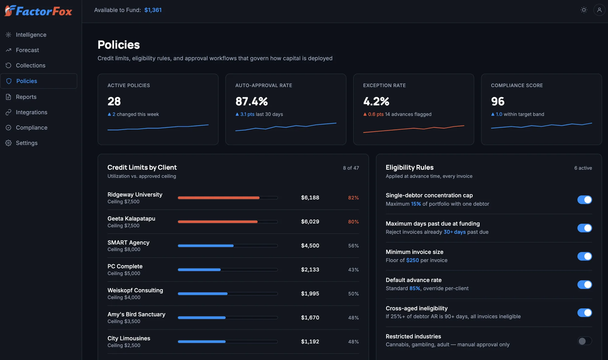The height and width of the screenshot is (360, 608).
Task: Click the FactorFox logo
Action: click(38, 11)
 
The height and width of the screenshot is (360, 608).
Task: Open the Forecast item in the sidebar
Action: click(27, 50)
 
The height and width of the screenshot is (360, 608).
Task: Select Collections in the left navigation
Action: click(31, 65)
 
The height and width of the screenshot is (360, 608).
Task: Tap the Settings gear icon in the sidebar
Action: click(9, 143)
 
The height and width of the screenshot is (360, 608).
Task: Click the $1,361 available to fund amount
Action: click(153, 10)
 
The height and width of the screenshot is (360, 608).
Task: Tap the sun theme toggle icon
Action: click(584, 10)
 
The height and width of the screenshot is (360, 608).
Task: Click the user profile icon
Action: click(599, 10)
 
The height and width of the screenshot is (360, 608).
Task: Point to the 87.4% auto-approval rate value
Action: click(252, 101)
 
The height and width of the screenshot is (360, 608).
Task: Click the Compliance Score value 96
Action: click(498, 101)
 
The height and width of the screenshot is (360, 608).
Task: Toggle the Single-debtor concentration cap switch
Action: click(585, 200)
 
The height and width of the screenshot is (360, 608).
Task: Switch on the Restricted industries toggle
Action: click(585, 341)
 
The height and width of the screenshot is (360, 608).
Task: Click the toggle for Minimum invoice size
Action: click(585, 256)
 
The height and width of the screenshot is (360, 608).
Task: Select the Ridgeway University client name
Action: click(135, 195)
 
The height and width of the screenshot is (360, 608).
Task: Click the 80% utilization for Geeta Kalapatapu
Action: click(353, 222)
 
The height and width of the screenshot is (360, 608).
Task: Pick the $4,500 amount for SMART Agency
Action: click(310, 246)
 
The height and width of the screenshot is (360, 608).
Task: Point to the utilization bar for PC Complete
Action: click(228, 270)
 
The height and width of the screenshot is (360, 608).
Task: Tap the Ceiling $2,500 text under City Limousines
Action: click(124, 345)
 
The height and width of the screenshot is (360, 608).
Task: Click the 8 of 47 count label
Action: click(351, 168)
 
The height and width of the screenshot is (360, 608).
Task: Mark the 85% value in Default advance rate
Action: click(415, 288)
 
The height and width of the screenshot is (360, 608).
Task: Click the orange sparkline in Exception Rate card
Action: click(414, 129)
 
